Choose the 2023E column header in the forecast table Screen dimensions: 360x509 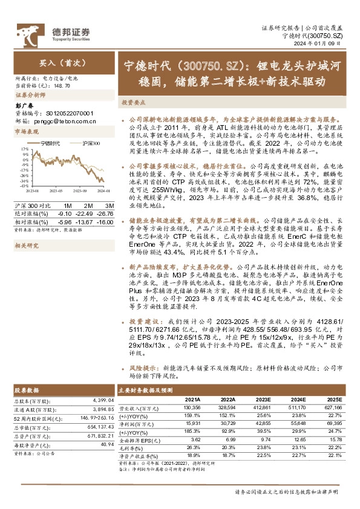click(x=263, y=400)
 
